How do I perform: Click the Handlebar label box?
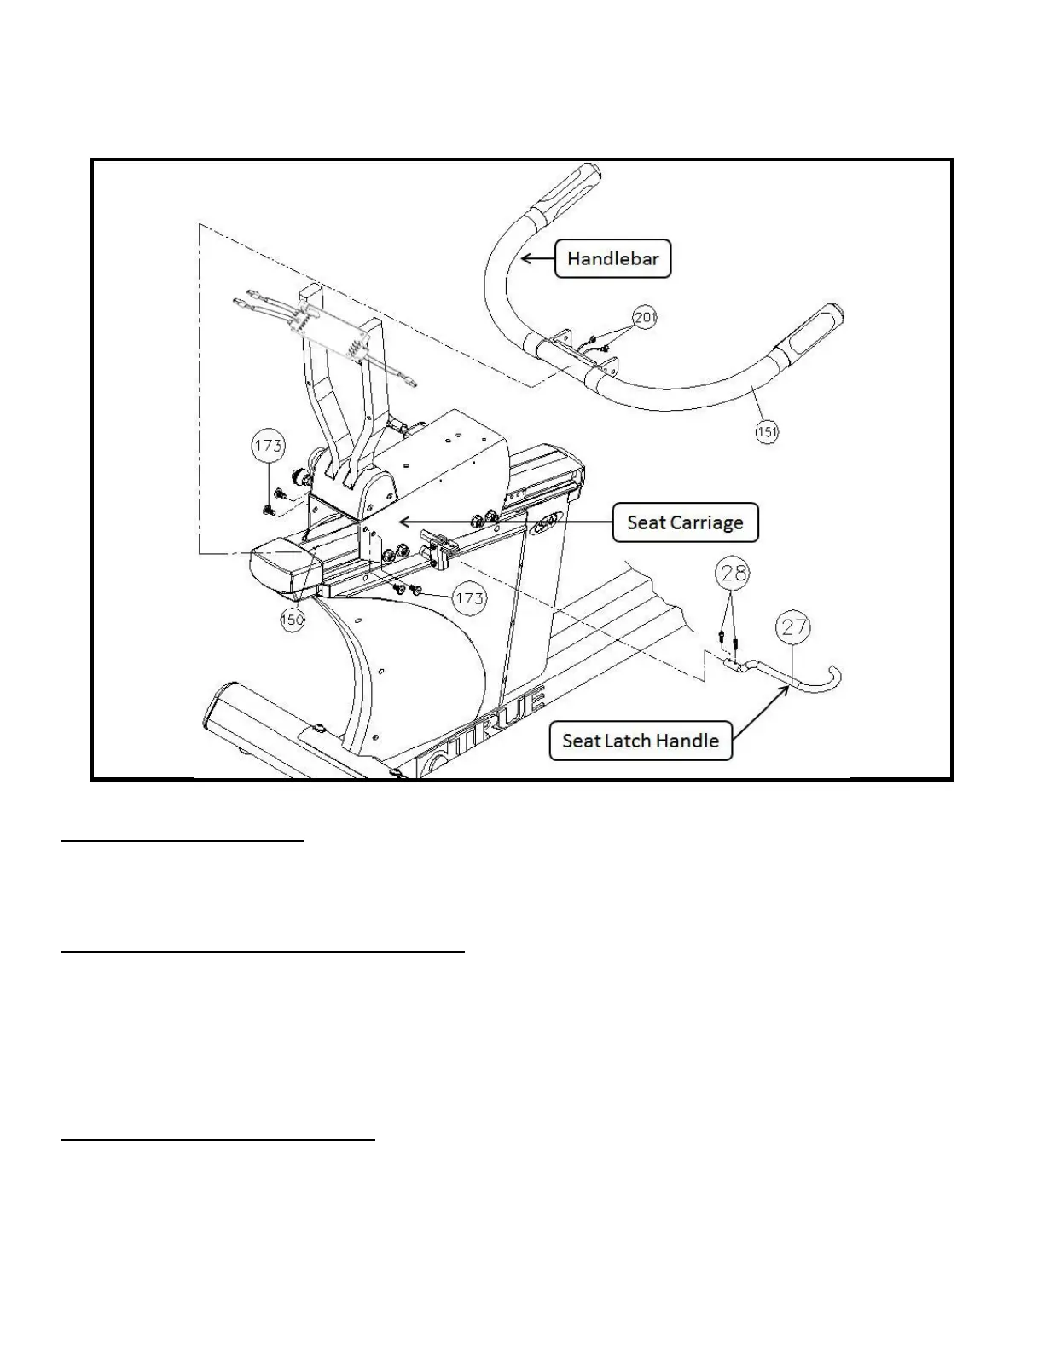(x=612, y=258)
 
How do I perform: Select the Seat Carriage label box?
(x=685, y=522)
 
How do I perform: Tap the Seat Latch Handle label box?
(x=640, y=741)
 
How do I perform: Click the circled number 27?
(x=794, y=628)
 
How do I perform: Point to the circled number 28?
(x=734, y=573)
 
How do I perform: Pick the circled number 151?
(x=767, y=432)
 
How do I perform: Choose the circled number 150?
(x=293, y=620)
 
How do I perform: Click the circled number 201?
(x=645, y=318)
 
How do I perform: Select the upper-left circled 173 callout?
(x=268, y=445)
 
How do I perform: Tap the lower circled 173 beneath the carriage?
(x=469, y=598)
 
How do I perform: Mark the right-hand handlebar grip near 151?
(x=806, y=334)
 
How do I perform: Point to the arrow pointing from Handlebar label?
(x=536, y=257)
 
